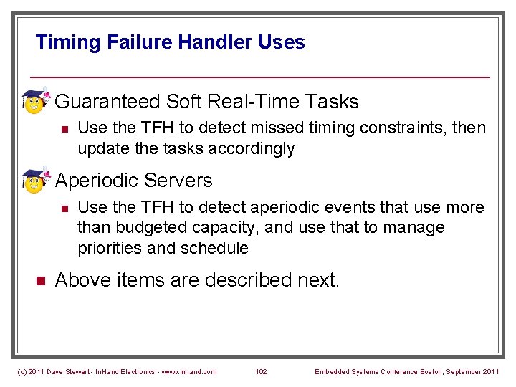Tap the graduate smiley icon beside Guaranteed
click(x=34, y=102)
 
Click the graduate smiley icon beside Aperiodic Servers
click(x=34, y=181)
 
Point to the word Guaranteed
click(x=107, y=102)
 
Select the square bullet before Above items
click(x=41, y=281)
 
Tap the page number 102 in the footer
click(x=261, y=371)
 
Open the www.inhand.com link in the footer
click(x=190, y=371)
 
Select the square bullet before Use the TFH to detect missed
click(x=64, y=129)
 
